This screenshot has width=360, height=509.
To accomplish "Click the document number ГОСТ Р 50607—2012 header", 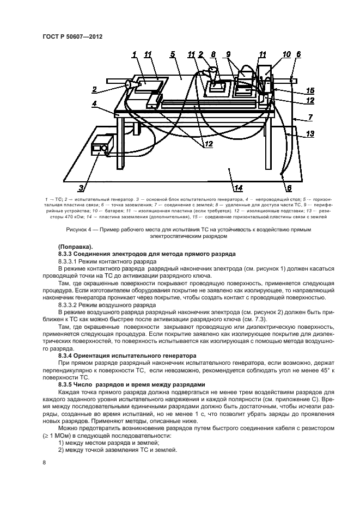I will tap(72, 36).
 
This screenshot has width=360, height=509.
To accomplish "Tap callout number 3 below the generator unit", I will tap(81, 189).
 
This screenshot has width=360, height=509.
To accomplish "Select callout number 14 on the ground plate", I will tap(238, 188).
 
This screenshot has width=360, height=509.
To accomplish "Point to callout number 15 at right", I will tap(310, 90).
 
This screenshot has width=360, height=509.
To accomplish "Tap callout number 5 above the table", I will tap(172, 54).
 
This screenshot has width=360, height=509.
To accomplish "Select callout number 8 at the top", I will tap(213, 54).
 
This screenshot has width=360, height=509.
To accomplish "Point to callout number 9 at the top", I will tap(228, 54).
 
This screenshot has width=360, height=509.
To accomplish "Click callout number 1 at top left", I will tap(134, 54).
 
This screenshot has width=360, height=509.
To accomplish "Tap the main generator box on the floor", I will tap(102, 145).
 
